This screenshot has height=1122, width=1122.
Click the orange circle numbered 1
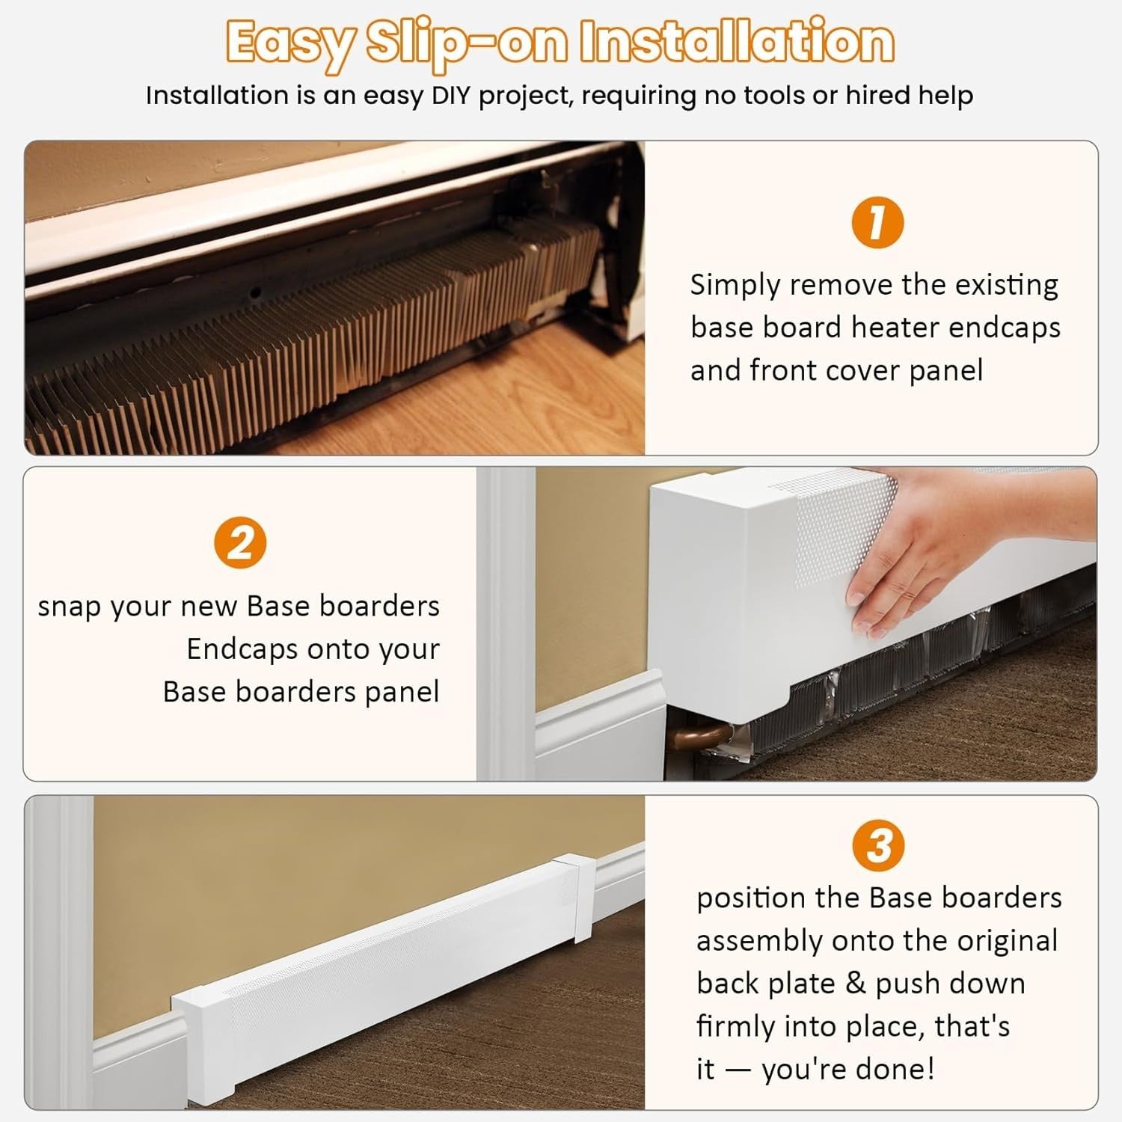878,222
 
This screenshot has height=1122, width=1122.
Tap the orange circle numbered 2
240,543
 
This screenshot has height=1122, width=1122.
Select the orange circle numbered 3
878,846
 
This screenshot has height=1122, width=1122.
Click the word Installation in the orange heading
738,42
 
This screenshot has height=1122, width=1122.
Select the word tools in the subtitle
758,96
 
